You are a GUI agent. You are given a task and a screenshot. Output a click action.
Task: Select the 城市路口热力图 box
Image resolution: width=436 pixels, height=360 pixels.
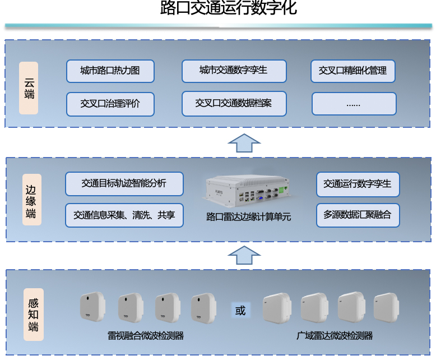coord(110,71)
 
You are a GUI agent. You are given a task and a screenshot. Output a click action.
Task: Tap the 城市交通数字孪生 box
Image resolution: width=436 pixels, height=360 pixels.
coord(234,71)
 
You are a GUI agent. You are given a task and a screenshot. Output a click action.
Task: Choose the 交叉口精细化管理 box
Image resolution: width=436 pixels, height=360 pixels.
coord(353,71)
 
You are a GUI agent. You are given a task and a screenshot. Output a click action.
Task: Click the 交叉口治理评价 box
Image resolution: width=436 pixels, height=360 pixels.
coord(110,103)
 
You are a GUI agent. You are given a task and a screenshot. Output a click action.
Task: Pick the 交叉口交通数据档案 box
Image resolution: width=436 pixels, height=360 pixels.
coord(234,103)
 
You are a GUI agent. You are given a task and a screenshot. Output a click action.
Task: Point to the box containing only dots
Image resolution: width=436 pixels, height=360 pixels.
coord(354,104)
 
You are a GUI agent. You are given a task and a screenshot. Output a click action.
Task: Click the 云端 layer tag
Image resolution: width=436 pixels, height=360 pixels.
coord(29,88)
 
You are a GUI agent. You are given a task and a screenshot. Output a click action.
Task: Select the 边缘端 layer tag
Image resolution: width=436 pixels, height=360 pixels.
coord(31,200)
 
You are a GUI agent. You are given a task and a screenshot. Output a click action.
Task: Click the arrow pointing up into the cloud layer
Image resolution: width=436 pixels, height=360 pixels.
coord(244,143)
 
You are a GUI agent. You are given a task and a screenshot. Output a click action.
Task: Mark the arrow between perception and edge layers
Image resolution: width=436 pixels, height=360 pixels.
coord(244,255)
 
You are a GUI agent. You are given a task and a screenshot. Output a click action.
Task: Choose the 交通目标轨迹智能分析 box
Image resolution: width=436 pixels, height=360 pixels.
coord(124,184)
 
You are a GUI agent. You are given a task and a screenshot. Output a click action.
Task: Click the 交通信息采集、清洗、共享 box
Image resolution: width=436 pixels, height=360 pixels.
coord(124,215)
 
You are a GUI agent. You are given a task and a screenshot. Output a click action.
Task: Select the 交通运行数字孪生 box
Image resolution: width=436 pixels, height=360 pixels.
coord(358,184)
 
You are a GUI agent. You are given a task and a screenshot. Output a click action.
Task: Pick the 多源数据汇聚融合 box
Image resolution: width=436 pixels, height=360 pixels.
coord(358,215)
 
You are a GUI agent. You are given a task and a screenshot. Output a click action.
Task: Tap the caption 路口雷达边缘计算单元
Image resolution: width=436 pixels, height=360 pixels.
coord(249,216)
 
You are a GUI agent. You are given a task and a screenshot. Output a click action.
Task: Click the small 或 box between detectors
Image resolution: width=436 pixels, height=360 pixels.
coord(240,310)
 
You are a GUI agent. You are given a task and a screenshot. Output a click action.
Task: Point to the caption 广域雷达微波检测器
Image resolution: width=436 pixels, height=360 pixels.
coord(335,336)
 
